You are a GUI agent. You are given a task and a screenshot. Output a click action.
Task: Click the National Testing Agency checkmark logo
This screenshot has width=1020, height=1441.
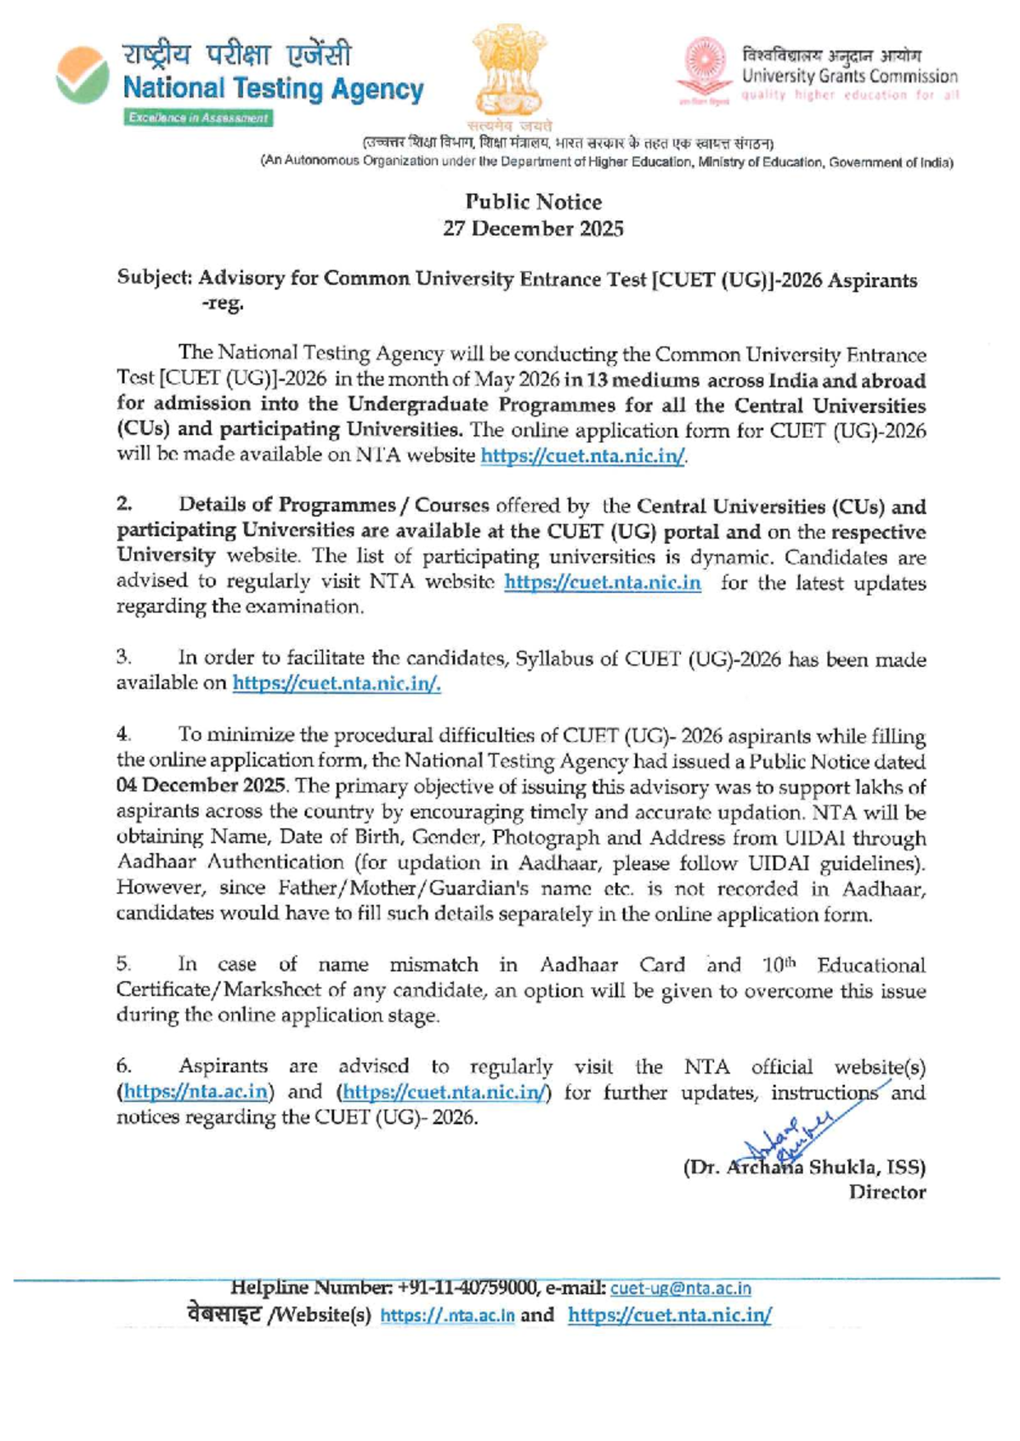click(x=82, y=76)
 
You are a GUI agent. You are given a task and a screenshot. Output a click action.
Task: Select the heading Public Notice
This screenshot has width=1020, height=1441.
click(x=533, y=202)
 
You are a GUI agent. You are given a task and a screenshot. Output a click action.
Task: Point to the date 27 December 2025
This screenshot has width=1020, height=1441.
click(x=533, y=229)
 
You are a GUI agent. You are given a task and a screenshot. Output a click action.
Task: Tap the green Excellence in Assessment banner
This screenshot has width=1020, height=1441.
click(x=198, y=118)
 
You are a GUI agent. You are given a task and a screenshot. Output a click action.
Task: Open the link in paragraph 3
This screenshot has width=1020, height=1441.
click(x=336, y=683)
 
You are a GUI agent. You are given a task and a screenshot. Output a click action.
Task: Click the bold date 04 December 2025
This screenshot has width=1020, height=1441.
click(x=201, y=786)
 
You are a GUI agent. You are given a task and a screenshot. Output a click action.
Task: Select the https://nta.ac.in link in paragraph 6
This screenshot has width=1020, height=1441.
click(x=196, y=1092)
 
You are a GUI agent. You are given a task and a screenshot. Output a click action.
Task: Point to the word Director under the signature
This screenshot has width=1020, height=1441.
click(x=887, y=1192)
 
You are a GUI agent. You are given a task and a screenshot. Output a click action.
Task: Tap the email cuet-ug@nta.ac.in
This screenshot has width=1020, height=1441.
click(x=680, y=1289)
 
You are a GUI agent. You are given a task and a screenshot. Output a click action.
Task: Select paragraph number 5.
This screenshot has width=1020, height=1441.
click(x=124, y=965)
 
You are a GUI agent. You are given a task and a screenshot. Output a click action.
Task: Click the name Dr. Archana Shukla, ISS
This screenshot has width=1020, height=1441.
click(x=804, y=1167)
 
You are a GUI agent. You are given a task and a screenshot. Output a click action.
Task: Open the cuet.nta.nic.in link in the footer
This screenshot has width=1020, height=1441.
click(x=669, y=1315)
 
